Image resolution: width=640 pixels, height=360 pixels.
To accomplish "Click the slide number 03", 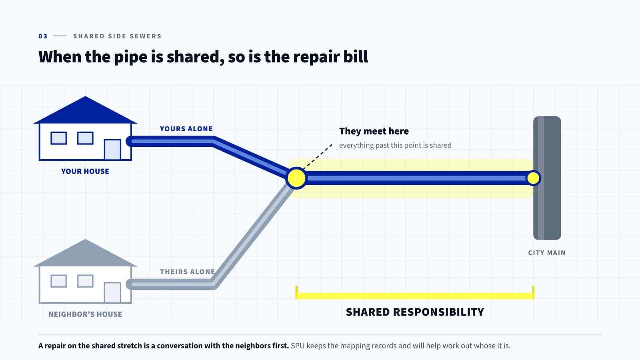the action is pos(43,36).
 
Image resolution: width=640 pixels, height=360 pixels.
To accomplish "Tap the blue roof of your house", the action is pos(85,112).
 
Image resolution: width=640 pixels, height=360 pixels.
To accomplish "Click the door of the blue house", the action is pos(112,150).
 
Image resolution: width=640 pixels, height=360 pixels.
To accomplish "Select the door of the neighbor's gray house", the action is pos(112,292).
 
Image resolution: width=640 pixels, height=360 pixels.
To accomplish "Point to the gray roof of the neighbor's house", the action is pos(85,254).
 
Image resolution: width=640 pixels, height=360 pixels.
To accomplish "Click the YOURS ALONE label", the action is pos(186,129).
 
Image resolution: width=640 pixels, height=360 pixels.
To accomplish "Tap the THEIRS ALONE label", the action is pos(188,272).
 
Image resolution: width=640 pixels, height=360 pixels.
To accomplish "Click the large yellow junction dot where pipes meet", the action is pos(296,178).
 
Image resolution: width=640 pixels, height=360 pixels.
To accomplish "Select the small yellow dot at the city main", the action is pos(533,178).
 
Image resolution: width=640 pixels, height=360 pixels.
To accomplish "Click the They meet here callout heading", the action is pos(374,131).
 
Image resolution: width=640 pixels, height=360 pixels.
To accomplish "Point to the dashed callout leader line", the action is pos(318,157).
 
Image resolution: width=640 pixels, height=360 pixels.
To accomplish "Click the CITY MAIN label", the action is pos(547,253).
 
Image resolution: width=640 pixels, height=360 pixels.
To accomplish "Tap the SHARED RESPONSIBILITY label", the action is pos(415,312).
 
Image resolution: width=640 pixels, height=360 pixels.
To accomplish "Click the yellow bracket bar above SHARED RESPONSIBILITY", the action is pos(415,296).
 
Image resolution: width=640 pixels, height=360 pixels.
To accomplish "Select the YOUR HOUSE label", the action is pos(85,172).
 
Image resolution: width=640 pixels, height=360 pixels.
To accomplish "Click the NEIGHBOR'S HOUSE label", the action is pos(85,314).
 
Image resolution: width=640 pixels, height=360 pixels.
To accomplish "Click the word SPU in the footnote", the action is pos(298,346).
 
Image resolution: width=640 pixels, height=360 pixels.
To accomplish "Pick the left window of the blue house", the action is pos(58,138).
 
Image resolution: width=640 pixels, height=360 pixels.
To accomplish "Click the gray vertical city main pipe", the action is pos(547,178).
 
